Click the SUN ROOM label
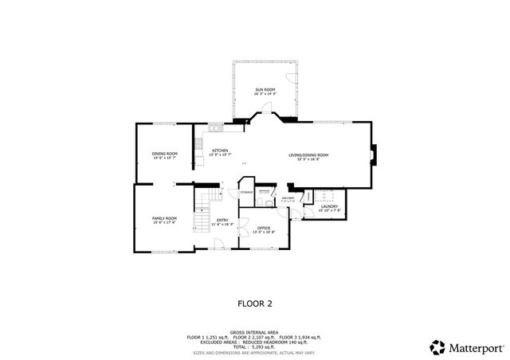pyautogui.click(x=265, y=88)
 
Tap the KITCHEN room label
pyautogui.click(x=220, y=151)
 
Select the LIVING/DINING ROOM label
pyautogui.click(x=308, y=155)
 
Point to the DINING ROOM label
pyautogui.click(x=165, y=153)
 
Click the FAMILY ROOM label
pyautogui.click(x=164, y=217)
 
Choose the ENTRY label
pyautogui.click(x=222, y=220)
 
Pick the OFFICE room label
pyautogui.click(x=264, y=229)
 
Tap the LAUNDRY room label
pyautogui.click(x=329, y=207)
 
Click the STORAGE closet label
pyautogui.click(x=247, y=193)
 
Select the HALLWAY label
pyautogui.click(x=288, y=198)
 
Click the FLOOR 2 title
pyautogui.click(x=255, y=303)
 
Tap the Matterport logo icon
pyautogui.click(x=437, y=346)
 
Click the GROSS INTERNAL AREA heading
pyautogui.click(x=254, y=332)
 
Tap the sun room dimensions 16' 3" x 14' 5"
pyautogui.click(x=265, y=94)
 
